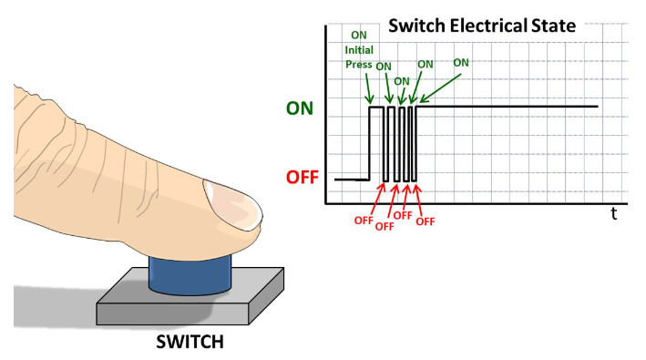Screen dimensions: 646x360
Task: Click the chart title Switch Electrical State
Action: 482,26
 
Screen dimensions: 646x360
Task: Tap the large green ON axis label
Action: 300,108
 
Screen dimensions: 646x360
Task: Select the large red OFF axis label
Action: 302,177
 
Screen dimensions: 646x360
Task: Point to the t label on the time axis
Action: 614,214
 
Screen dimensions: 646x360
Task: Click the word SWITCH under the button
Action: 190,342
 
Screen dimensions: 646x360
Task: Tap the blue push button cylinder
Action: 190,274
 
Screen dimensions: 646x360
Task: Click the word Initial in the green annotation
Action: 359,50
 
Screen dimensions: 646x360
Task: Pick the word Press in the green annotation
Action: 358,65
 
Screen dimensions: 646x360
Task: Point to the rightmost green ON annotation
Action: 461,63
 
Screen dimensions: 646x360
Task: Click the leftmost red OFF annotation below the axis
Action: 364,221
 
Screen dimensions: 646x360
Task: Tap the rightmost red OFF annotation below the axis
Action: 426,221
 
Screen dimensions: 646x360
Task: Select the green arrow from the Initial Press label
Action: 368,88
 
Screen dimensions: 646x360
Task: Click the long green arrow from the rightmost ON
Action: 440,88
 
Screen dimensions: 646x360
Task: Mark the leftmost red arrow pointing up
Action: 377,200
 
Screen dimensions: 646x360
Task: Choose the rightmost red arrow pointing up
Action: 418,200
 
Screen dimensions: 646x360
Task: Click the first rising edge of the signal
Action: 369,143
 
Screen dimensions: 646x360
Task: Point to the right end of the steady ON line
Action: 598,107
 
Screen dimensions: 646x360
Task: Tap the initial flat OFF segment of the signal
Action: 352,180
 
